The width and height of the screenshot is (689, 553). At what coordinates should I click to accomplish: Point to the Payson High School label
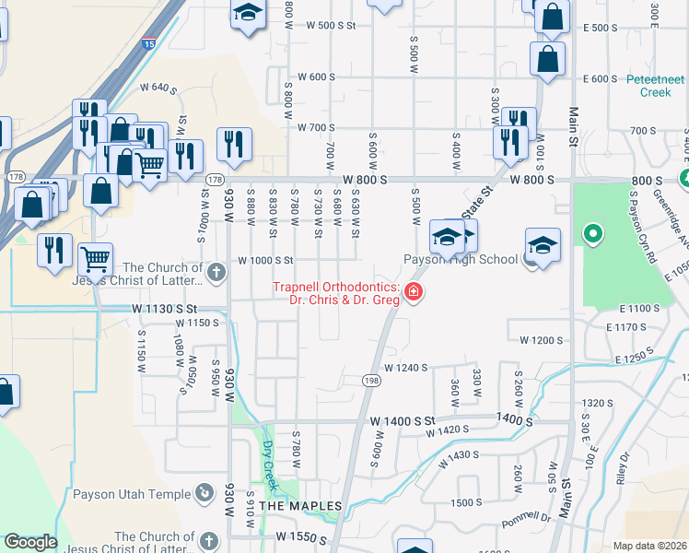click(461, 260)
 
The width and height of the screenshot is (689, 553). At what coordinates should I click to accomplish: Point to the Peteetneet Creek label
click(655, 86)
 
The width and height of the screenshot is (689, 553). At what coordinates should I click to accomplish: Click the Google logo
click(30, 542)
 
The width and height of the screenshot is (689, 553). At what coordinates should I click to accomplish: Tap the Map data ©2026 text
click(650, 546)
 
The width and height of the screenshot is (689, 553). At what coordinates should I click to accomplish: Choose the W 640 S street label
click(158, 88)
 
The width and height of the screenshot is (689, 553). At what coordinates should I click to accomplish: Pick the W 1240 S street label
click(406, 368)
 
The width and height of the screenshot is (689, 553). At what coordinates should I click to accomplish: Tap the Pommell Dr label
click(525, 524)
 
